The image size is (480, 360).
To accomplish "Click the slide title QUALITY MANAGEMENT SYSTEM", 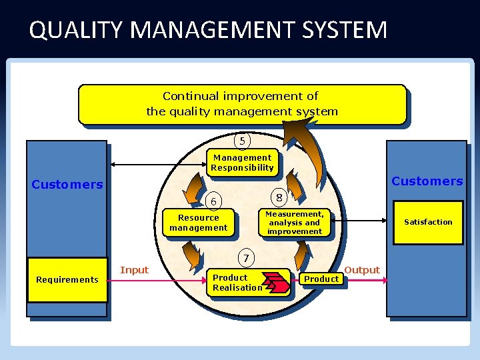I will pos(208,30).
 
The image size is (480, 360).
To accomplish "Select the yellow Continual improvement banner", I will pos(241,104).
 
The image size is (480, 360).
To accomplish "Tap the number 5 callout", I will pos(242,141).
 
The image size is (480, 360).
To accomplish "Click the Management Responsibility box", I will pos(241,163).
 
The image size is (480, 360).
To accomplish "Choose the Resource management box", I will pos(199,223).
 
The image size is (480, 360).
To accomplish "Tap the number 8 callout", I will pos(279,197).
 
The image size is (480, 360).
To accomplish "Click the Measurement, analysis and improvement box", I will pos(294,223).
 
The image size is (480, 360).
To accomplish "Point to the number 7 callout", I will pos(246,258).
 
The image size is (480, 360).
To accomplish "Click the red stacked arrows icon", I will pos(276,283).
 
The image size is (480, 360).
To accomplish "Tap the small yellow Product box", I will pos(321,279).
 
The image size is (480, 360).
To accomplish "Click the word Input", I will pos(134,270).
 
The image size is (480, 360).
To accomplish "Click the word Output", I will pos(362,270).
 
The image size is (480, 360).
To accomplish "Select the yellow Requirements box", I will pos(67,280).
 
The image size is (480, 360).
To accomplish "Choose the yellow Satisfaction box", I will pos(428,222).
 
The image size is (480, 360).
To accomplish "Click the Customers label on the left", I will pos(67,185).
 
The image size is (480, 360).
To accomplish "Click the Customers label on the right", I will pos(427,181).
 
